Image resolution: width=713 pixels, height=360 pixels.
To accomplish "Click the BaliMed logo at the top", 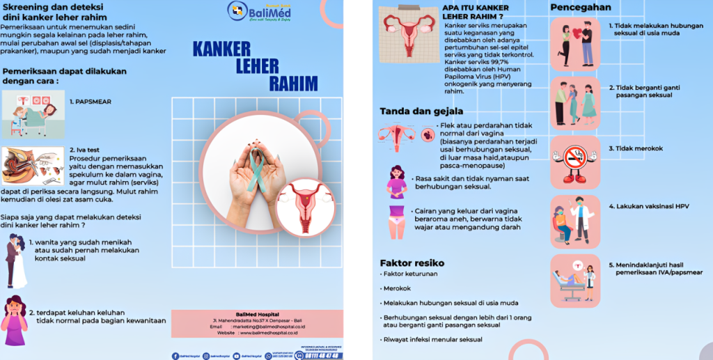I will [259, 11].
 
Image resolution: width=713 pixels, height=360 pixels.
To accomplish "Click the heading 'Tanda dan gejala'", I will [421, 111].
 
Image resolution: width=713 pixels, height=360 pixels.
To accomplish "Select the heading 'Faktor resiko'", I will [412, 263].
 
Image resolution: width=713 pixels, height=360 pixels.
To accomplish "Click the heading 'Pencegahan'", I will [581, 8].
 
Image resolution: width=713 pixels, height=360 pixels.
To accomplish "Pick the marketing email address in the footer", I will [275, 326].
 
